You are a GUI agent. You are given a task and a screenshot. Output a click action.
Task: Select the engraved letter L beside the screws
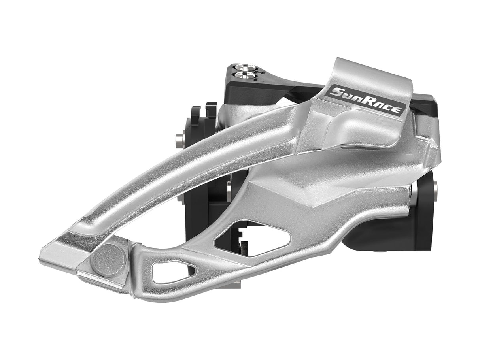tap(259, 79)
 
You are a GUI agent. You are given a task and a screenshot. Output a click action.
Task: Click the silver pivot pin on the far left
tap(179, 141)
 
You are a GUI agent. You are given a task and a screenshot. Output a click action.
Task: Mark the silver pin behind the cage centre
tap(229, 190)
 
